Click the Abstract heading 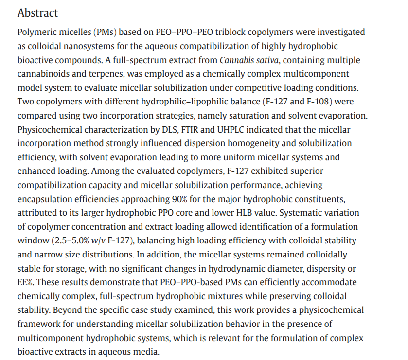click(x=37, y=13)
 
